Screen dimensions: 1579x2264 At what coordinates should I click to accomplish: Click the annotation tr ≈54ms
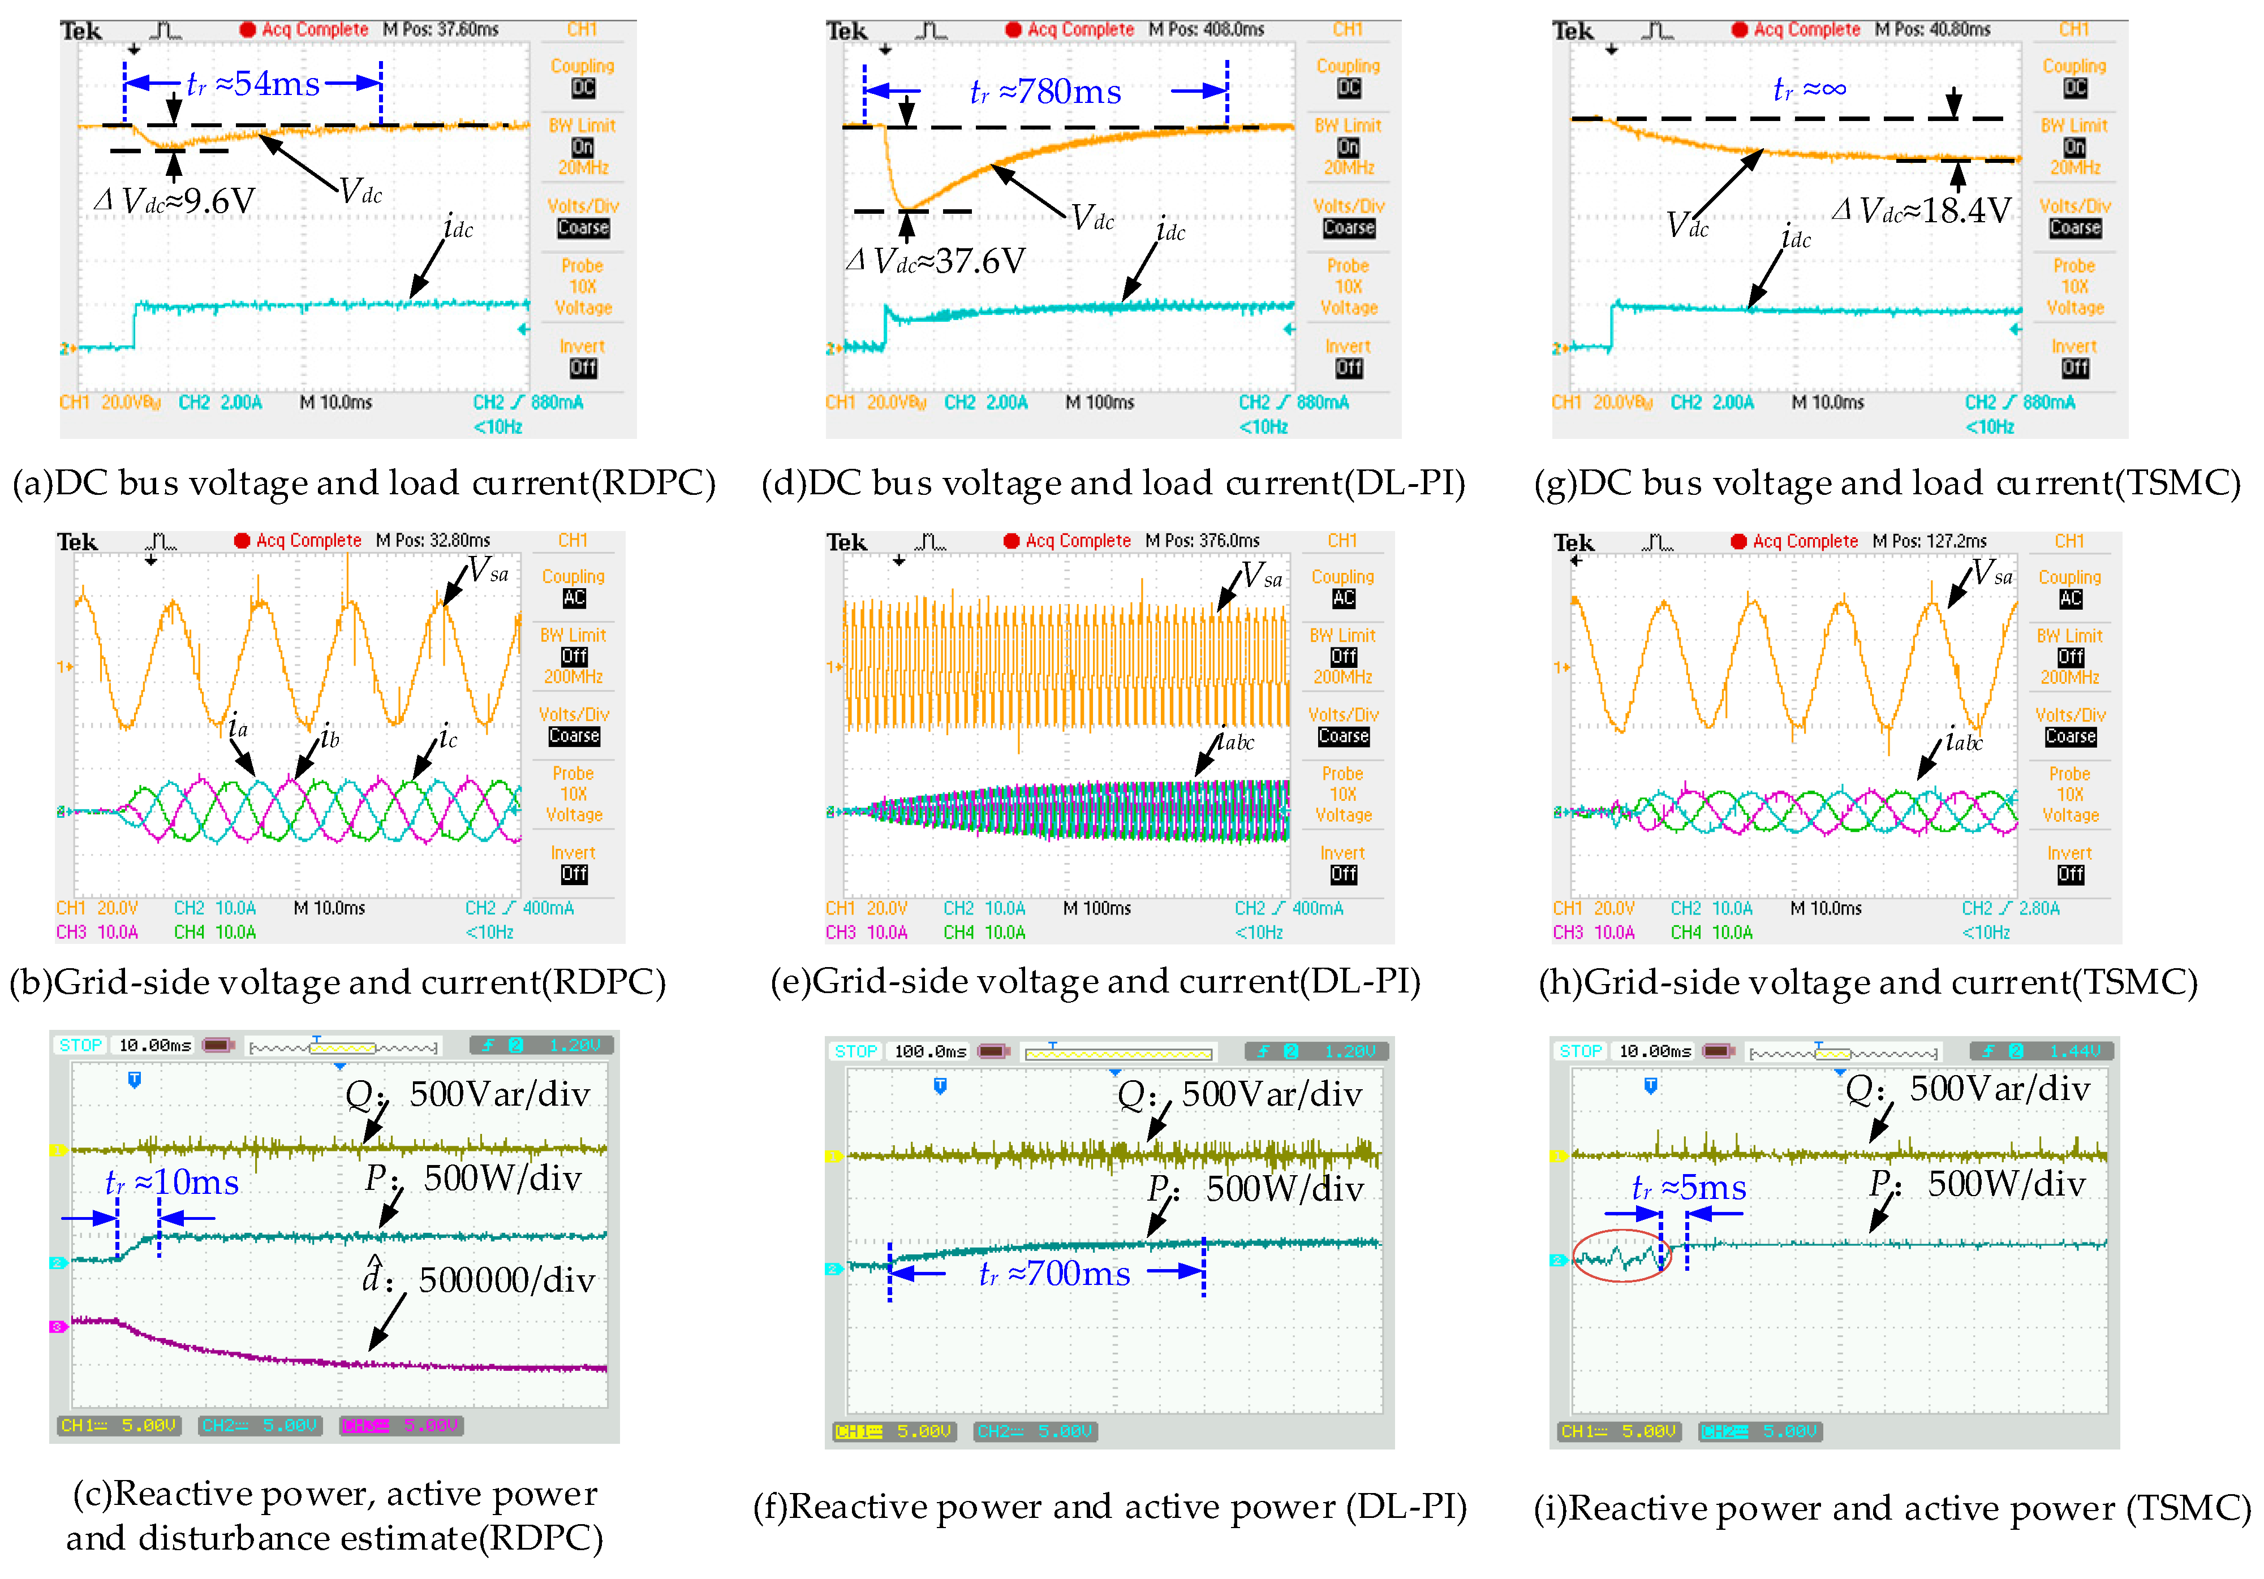(253, 84)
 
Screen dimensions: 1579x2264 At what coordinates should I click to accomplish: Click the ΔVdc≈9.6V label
(175, 202)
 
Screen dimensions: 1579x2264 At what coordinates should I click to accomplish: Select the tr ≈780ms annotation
(1045, 92)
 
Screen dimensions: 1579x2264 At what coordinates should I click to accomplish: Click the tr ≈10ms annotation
(173, 1182)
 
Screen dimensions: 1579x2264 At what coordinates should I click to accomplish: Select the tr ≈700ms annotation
(1054, 1274)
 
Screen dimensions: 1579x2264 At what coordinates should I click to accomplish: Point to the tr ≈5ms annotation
(1689, 1188)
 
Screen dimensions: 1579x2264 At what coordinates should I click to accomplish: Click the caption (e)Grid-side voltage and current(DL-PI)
(1095, 982)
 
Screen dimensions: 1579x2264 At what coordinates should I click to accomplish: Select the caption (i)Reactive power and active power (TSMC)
(1891, 1508)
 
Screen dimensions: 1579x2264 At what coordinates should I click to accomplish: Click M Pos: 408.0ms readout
(1206, 29)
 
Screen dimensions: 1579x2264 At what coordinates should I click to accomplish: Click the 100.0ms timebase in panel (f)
(930, 1052)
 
